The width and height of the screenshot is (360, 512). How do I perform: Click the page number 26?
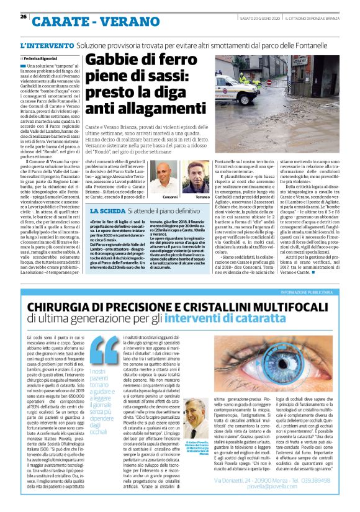tap(23, 17)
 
